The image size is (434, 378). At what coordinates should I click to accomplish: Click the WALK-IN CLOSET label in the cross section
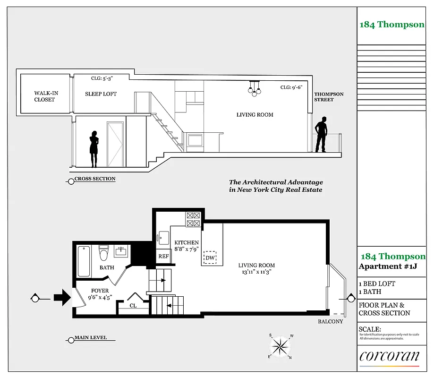click(x=44, y=96)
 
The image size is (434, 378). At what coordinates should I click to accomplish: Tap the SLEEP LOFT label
click(x=101, y=94)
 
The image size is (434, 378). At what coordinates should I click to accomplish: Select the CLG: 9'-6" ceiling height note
click(x=291, y=87)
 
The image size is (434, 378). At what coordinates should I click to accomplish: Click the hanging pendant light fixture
click(x=255, y=88)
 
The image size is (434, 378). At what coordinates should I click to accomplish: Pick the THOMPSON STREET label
click(x=329, y=97)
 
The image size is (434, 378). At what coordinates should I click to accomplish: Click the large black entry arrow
click(x=61, y=298)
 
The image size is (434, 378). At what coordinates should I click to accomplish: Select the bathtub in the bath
click(x=84, y=261)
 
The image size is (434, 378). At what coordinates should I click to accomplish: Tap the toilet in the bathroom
click(x=103, y=253)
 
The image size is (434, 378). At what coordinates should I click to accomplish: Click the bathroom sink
click(x=121, y=250)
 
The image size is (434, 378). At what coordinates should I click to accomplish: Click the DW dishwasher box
click(x=210, y=258)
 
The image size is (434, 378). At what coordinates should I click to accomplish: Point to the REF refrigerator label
click(x=163, y=256)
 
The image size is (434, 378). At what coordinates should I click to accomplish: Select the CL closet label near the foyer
click(x=133, y=306)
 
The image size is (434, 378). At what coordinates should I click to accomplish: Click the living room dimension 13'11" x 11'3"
click(x=256, y=272)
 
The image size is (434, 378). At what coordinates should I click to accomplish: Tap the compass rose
click(x=281, y=346)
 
